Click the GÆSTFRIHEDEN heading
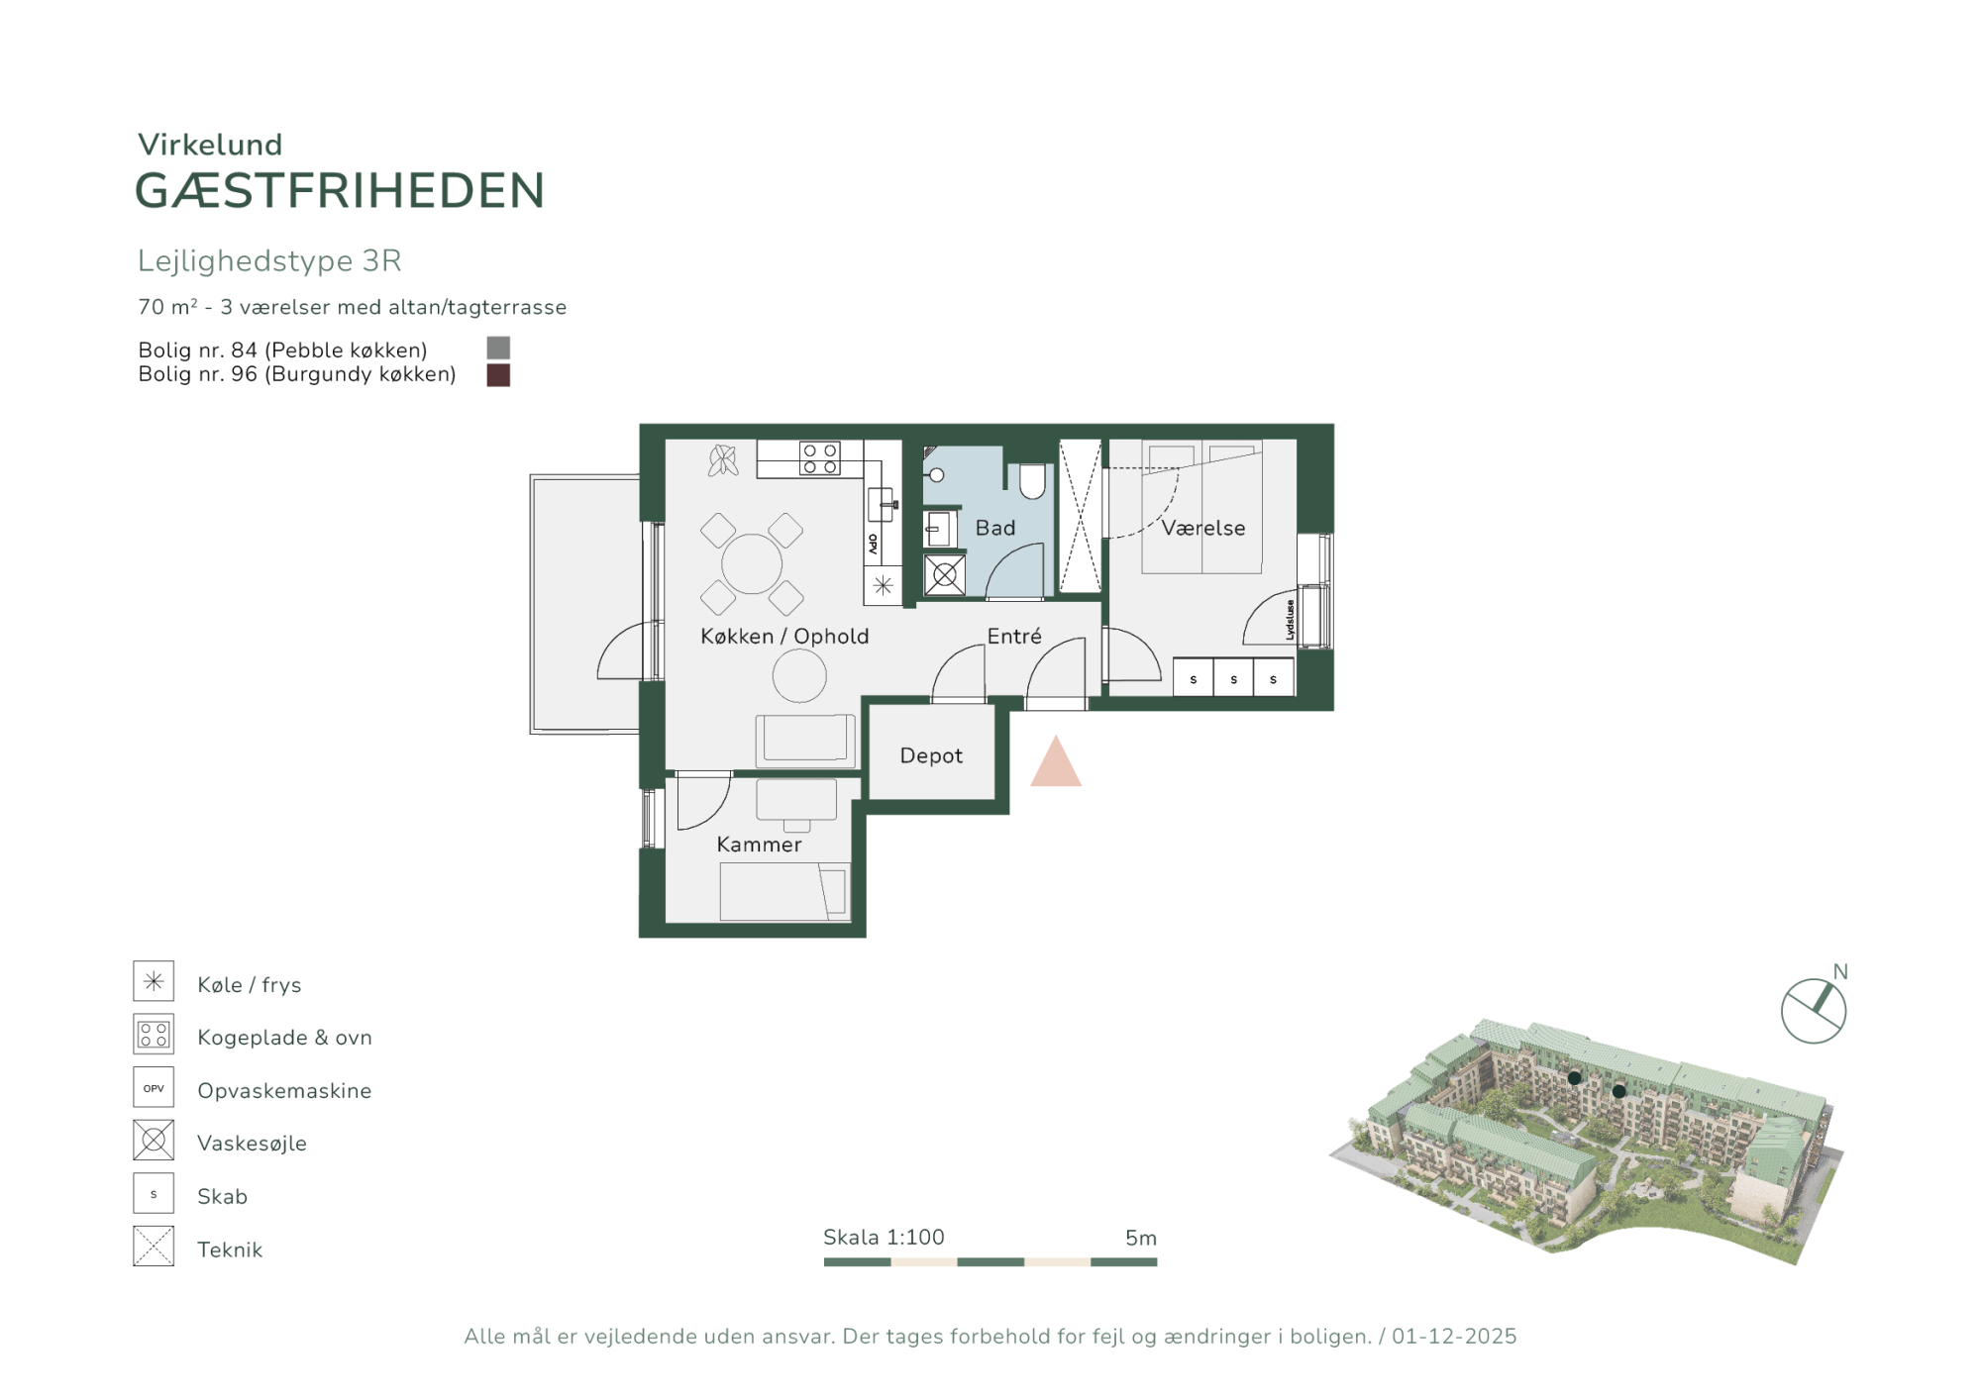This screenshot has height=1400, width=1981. pyautogui.click(x=340, y=191)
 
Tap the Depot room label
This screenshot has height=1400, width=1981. pyautogui.click(x=931, y=755)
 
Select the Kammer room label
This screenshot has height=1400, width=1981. pyautogui.click(x=759, y=845)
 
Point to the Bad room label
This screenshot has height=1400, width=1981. pyautogui.click(x=995, y=528)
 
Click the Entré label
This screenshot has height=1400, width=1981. pyautogui.click(x=1014, y=636)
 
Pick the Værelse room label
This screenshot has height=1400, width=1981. pyautogui.click(x=1203, y=528)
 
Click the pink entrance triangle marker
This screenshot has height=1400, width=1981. pyautogui.click(x=1056, y=761)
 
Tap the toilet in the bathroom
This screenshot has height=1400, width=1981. pyautogui.click(x=1032, y=481)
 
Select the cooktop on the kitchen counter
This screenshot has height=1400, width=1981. pyautogui.click(x=820, y=458)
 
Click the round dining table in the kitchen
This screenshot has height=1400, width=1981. pyautogui.click(x=752, y=563)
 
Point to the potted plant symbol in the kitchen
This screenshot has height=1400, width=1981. pyautogui.click(x=723, y=460)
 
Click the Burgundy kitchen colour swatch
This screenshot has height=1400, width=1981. pyautogui.click(x=498, y=375)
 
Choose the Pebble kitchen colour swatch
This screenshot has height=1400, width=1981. pyautogui.click(x=498, y=348)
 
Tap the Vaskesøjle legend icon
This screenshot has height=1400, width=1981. pyautogui.click(x=154, y=1141)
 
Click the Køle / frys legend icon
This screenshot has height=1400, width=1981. pyautogui.click(x=154, y=981)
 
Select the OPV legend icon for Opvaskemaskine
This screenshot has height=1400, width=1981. pyautogui.click(x=154, y=1087)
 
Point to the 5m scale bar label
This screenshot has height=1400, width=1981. pyautogui.click(x=1141, y=1238)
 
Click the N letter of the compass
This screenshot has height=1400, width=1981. pyautogui.click(x=1840, y=971)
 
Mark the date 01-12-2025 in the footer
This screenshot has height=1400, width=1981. pyautogui.click(x=1454, y=1337)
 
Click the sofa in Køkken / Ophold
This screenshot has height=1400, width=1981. pyautogui.click(x=805, y=741)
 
